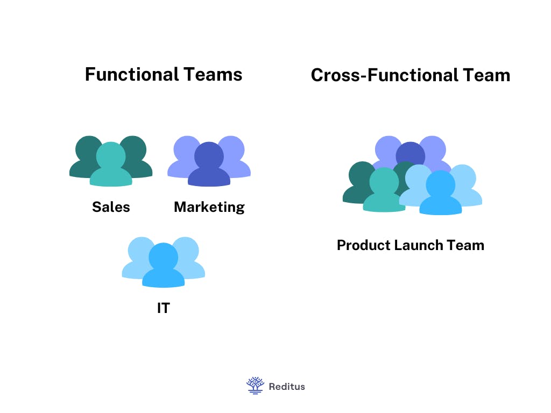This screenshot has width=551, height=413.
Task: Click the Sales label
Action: [x=111, y=207]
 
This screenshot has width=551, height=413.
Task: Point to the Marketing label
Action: [x=209, y=207]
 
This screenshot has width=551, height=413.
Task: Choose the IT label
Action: [x=163, y=309]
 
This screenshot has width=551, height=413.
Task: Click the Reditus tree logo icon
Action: [x=255, y=385]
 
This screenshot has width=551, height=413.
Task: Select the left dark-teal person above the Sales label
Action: [x=86, y=153]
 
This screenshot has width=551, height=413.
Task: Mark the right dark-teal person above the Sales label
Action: [x=136, y=153]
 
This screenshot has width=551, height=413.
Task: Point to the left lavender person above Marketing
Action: [x=184, y=153]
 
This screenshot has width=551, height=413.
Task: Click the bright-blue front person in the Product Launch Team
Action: [x=440, y=194]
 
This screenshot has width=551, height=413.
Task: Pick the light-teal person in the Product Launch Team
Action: [x=384, y=191]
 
